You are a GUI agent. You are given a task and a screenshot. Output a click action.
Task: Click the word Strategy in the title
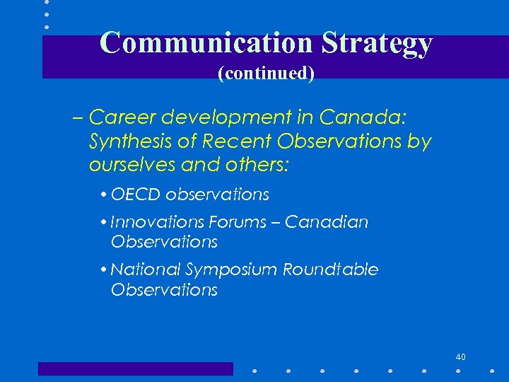[376, 44]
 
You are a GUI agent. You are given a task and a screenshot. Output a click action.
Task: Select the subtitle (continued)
[266, 73]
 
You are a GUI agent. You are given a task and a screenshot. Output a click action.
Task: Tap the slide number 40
[460, 356]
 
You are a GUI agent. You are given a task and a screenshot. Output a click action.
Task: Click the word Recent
[237, 141]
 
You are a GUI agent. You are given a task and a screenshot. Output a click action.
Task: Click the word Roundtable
[330, 270]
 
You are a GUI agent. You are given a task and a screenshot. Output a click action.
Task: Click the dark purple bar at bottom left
[135, 369]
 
